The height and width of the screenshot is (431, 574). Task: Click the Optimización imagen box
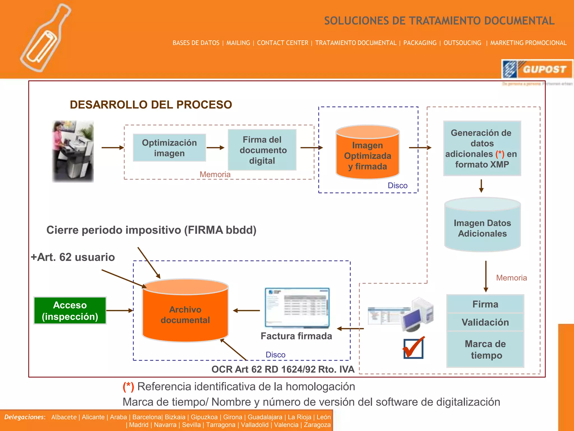coord(169,148)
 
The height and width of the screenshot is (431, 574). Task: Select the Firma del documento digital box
coord(262,150)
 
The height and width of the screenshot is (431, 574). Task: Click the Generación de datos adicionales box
coord(482,148)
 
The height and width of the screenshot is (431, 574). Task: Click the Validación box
coord(485,322)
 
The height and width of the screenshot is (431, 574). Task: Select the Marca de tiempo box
coord(485,349)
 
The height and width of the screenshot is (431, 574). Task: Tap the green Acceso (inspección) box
coord(70,311)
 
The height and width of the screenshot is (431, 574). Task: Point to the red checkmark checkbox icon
coord(413,348)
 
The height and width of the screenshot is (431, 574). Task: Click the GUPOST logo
coord(537,69)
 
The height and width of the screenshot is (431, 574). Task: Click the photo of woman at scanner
coord(73,152)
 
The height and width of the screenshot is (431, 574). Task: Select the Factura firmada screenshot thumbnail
coord(297,308)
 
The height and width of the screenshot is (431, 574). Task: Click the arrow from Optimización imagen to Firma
coord(215,148)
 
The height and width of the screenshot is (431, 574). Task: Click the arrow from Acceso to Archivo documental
coord(119,310)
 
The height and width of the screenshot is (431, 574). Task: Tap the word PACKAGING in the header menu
coord(420,43)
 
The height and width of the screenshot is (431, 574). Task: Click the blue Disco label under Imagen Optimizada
coord(397,185)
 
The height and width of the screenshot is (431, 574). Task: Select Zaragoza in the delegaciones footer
coord(317,425)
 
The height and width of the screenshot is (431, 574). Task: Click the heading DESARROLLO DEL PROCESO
coord(151,105)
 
